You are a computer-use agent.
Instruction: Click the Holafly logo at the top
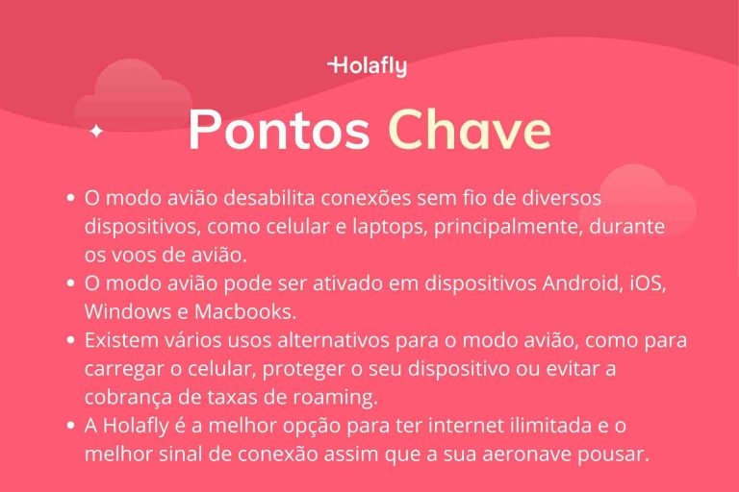tap(368, 66)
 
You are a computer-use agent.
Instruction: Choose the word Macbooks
tap(247, 312)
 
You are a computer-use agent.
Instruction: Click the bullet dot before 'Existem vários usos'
tap(71, 340)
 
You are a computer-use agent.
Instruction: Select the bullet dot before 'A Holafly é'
tap(71, 426)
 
